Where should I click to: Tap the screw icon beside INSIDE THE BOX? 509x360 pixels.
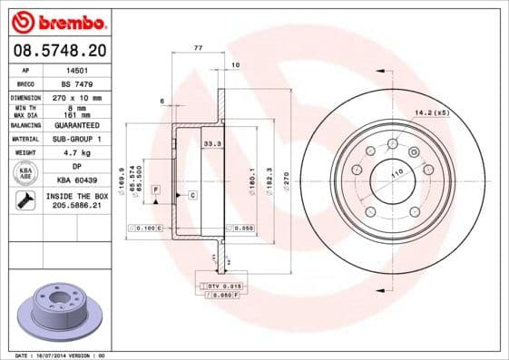(x=26, y=201)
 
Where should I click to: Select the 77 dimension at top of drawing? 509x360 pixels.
(x=197, y=45)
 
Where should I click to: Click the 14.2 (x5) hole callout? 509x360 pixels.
(x=432, y=112)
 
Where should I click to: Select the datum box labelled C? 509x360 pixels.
(x=193, y=195)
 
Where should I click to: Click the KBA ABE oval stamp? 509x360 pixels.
(x=26, y=174)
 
